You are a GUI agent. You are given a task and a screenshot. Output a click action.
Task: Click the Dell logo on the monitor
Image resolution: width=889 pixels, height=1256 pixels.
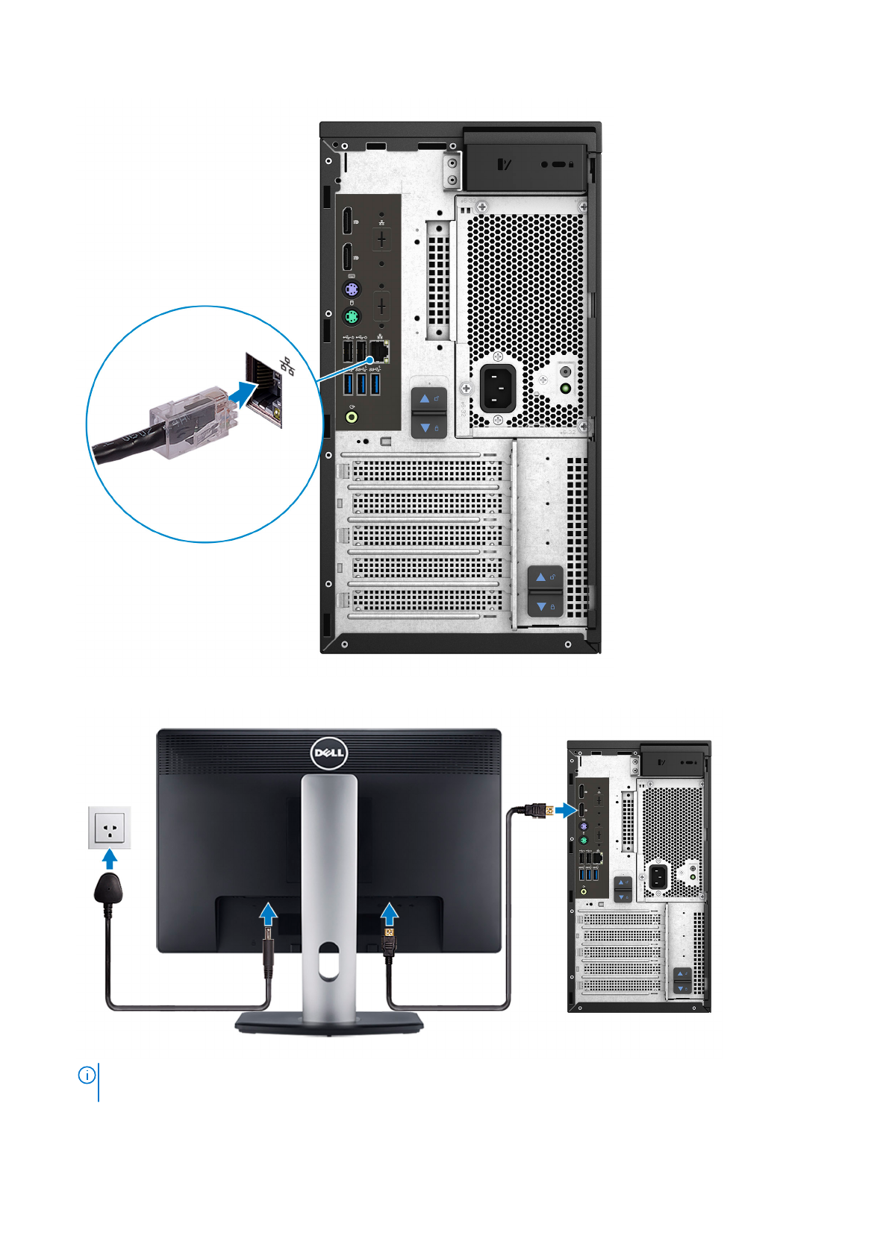tap(328, 753)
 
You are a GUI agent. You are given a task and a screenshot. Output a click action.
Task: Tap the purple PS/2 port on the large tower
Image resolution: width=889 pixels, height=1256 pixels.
tap(352, 289)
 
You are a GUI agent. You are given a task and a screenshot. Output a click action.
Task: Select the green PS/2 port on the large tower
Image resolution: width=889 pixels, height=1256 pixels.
tap(352, 317)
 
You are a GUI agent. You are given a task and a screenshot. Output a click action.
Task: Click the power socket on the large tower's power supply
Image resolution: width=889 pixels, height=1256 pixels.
tap(498, 388)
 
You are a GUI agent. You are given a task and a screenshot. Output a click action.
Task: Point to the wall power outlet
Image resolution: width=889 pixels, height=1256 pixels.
tap(110, 827)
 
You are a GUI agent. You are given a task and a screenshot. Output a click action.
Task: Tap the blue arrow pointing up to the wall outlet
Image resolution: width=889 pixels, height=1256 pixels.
tap(110, 859)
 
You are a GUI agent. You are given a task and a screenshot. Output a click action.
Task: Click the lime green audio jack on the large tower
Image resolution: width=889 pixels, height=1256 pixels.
tap(352, 416)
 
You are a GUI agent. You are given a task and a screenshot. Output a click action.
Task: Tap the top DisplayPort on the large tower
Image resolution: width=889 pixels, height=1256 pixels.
tap(348, 221)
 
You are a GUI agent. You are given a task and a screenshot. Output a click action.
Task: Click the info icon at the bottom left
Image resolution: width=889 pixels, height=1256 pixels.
tap(87, 1075)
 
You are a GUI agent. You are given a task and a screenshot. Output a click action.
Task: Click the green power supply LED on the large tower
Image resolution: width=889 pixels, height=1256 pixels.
tap(565, 388)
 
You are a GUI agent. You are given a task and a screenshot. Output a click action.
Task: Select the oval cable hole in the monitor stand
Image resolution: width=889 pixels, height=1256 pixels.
tap(328, 962)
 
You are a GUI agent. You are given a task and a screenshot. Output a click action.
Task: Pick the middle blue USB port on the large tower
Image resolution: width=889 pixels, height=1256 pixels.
tap(361, 384)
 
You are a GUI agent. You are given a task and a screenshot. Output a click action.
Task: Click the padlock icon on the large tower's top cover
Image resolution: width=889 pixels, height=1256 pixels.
tap(571, 163)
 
